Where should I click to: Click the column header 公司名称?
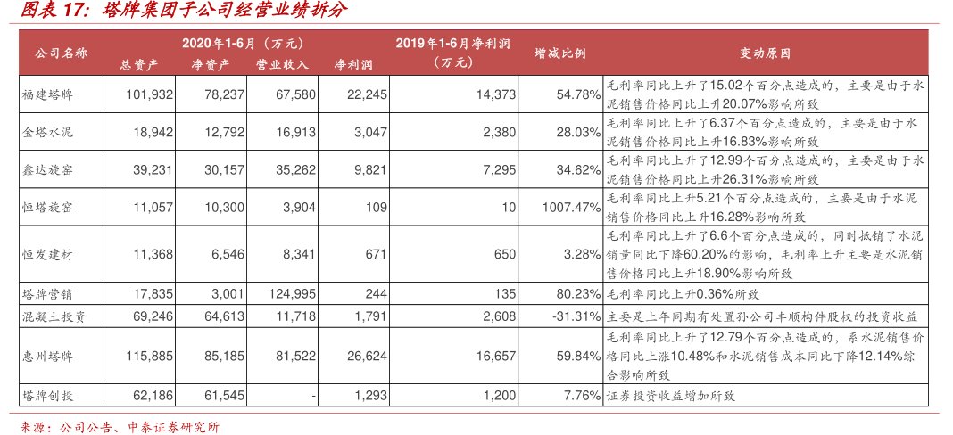[x=61, y=53]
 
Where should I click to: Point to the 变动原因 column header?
[x=765, y=53]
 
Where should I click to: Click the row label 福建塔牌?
[x=48, y=94]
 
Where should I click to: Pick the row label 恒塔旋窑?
[x=48, y=207]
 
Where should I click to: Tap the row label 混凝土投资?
[x=54, y=316]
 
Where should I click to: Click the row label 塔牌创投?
[x=48, y=395]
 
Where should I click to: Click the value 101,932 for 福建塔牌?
[x=150, y=94]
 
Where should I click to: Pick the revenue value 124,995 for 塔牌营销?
[x=287, y=291]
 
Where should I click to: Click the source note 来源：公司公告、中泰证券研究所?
[x=120, y=426]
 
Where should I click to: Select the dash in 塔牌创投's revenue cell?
[x=305, y=395]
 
